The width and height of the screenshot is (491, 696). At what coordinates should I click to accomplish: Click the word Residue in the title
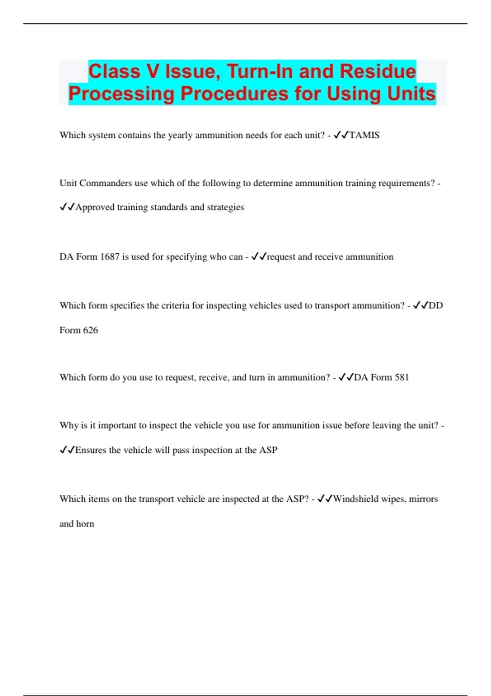(x=378, y=71)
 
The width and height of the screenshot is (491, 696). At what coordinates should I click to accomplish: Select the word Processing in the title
(x=121, y=94)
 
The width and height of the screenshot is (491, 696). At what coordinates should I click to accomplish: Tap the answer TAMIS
(x=364, y=135)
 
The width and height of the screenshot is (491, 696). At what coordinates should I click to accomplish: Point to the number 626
(x=90, y=330)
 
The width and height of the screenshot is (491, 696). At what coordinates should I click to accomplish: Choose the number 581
(x=401, y=377)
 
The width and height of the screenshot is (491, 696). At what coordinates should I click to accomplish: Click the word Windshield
(x=356, y=499)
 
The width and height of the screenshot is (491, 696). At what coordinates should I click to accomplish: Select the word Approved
(x=95, y=207)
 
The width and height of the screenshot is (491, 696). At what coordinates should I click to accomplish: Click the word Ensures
(x=90, y=450)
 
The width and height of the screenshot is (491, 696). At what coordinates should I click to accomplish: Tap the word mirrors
(x=423, y=499)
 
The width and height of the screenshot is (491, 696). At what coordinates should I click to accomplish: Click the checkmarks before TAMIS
(x=341, y=135)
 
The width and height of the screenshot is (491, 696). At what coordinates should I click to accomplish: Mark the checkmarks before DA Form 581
(x=346, y=377)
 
